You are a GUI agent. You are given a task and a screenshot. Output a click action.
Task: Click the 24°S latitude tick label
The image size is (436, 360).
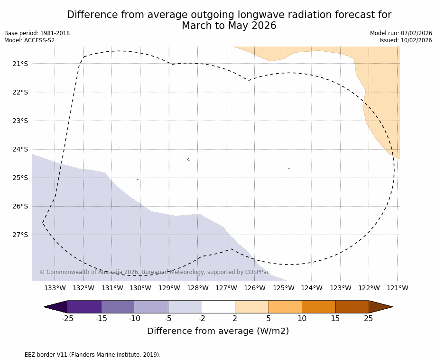coord(20,149)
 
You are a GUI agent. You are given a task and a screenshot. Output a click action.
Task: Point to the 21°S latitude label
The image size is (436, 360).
coord(20,64)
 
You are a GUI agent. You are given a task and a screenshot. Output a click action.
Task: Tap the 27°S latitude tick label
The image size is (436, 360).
coord(20,235)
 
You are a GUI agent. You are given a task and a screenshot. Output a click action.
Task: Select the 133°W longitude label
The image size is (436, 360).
coord(55,288)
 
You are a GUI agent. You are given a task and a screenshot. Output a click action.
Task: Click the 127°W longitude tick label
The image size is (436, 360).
coord(226,288)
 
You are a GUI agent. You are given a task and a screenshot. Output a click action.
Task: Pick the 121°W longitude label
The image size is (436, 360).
coord(398,288)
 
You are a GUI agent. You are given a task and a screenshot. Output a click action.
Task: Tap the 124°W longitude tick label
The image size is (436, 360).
coord(312,288)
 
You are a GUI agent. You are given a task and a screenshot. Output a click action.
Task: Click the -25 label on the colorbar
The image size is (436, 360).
coord(68,319)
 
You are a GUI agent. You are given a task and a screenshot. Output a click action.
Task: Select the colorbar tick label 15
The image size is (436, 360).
coord(335,319)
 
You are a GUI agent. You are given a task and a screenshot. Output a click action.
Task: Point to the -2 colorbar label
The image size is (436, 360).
coord(202,319)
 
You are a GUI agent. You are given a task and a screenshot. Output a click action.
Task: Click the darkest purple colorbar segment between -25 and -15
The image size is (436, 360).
coord(84,307)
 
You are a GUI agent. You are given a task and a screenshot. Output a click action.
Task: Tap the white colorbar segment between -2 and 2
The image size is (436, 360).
coord(218,307)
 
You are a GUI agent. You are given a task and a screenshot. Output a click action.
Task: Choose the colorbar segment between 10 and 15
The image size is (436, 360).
coord(318,307)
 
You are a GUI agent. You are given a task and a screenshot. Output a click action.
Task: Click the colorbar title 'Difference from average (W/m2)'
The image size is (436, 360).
coord(218,332)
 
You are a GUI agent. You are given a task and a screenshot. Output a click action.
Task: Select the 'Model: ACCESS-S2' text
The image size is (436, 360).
coord(29,40)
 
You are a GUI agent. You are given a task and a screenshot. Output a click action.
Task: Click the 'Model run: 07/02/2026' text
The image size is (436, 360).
coord(401,33)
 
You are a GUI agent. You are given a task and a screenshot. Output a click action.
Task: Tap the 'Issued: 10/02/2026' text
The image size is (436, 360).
coord(406,40)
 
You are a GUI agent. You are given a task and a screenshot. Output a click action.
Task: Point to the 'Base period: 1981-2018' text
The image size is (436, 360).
coord(37,33)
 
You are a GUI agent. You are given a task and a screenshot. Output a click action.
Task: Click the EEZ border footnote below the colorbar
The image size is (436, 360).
coord(83,355)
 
